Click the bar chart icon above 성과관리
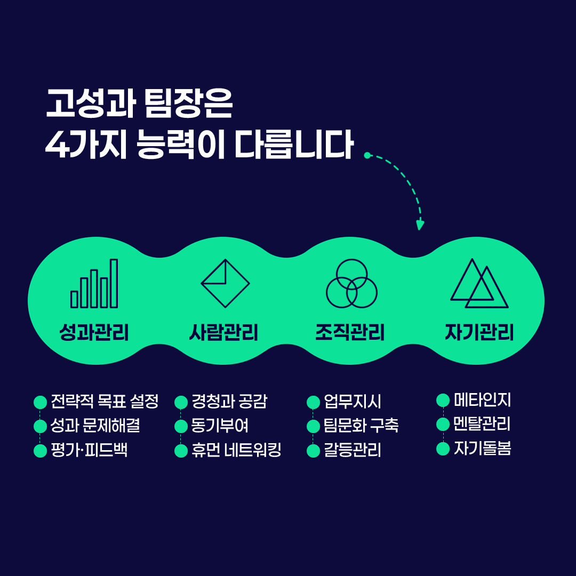94,283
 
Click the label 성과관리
94,332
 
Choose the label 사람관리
223,332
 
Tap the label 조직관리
350,332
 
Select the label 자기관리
479,332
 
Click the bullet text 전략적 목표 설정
105,401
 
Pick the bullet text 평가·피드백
89,450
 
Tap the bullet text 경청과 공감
229,401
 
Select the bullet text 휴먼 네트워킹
236,450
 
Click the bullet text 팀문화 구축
361,426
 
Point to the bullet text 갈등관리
353,450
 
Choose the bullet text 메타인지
482,399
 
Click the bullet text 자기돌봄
482,448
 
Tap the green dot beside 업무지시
314,402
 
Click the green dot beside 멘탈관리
443,425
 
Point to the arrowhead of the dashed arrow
420,225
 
